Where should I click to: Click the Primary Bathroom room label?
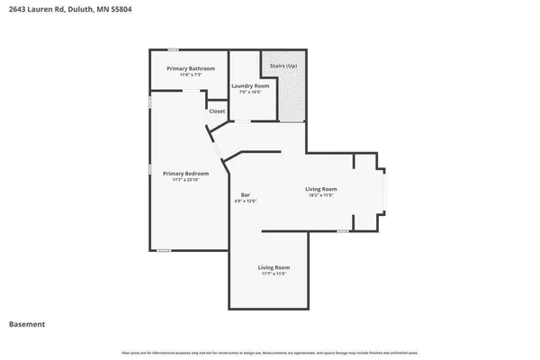190,68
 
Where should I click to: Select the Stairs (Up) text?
283,66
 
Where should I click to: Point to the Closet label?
217,111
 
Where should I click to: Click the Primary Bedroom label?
185,173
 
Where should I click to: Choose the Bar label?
245,194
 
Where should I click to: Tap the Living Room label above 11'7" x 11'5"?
274,267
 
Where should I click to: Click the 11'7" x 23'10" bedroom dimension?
185,180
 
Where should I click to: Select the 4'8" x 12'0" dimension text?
245,202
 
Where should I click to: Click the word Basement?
27,324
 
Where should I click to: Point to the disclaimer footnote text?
270,351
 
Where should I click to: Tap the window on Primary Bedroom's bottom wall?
163,250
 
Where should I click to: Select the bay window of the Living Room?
385,193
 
